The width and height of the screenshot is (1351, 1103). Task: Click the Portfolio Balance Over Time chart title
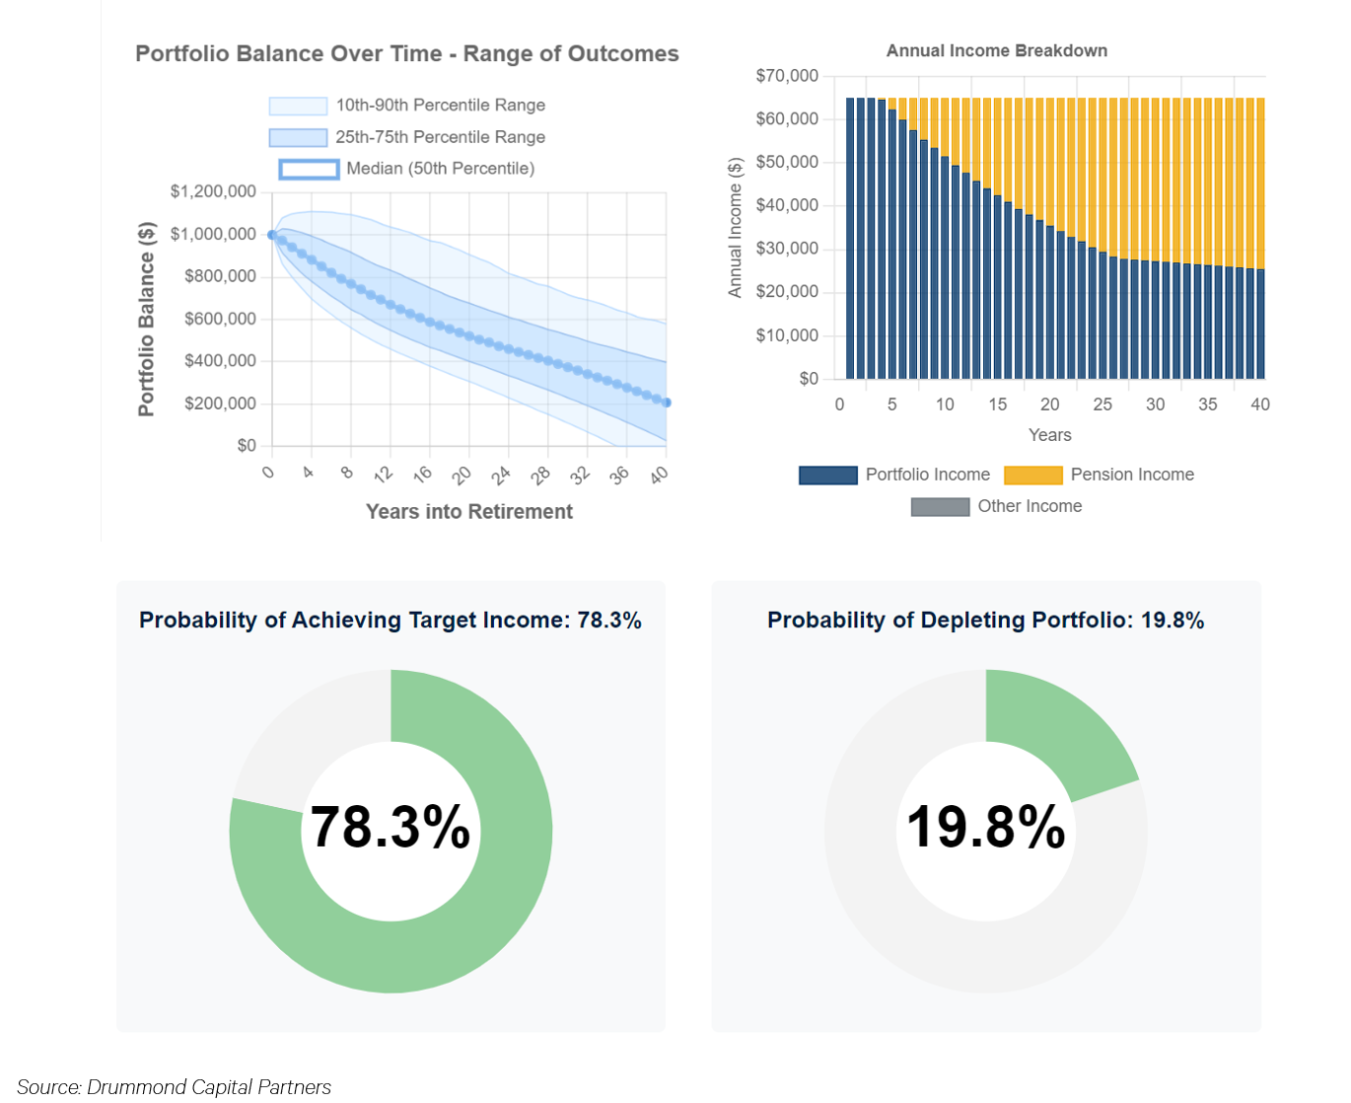click(406, 54)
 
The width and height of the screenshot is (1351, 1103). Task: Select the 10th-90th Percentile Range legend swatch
click(298, 107)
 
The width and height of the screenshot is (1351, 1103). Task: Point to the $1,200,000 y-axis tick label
click(213, 191)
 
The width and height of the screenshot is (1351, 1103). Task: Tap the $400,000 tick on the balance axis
click(220, 361)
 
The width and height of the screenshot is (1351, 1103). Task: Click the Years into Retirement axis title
click(468, 512)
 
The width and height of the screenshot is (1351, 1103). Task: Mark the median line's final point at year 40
click(667, 403)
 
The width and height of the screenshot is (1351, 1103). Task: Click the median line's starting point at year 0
click(272, 235)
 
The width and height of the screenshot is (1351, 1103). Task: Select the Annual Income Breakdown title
click(996, 51)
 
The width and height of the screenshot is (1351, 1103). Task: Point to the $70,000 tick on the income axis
click(787, 76)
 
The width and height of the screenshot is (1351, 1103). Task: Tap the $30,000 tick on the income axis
click(787, 249)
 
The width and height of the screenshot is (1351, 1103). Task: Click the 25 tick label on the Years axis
click(1102, 404)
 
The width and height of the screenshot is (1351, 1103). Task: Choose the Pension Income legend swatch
click(1032, 476)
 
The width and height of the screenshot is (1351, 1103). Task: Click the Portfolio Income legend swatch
click(827, 476)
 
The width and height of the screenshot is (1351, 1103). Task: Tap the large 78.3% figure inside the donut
click(391, 827)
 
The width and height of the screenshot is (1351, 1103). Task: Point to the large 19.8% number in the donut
click(985, 827)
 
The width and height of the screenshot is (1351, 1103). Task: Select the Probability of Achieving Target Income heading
click(390, 621)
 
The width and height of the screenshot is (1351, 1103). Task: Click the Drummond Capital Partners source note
click(175, 1087)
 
